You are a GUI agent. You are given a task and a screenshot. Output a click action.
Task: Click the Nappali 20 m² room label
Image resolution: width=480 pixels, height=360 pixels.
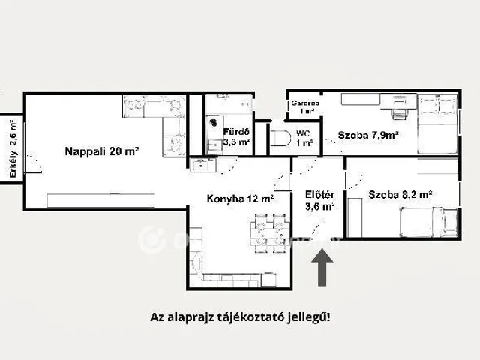tap(100, 151)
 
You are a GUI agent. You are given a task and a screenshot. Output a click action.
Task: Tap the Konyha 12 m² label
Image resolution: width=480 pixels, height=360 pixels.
tap(239, 199)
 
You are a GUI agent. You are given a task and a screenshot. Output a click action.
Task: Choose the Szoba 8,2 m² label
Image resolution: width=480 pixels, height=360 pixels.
tap(400, 195)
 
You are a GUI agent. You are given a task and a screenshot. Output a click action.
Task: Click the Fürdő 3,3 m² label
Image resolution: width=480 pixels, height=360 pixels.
tap(236, 136)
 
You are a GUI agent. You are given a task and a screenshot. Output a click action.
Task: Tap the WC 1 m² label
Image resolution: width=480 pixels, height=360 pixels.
tap(304, 139)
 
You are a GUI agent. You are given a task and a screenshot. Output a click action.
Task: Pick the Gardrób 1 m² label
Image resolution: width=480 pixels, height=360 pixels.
tap(303, 106)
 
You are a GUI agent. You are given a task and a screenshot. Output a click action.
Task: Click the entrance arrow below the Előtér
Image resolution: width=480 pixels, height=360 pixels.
tap(322, 267)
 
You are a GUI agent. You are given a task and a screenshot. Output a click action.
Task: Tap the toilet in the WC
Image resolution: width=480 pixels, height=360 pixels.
tap(278, 139)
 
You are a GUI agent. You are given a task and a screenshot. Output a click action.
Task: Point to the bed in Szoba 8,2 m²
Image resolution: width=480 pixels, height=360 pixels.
tap(427, 222)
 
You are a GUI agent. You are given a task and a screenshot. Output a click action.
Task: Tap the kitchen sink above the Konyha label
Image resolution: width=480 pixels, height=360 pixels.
tap(201, 167)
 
